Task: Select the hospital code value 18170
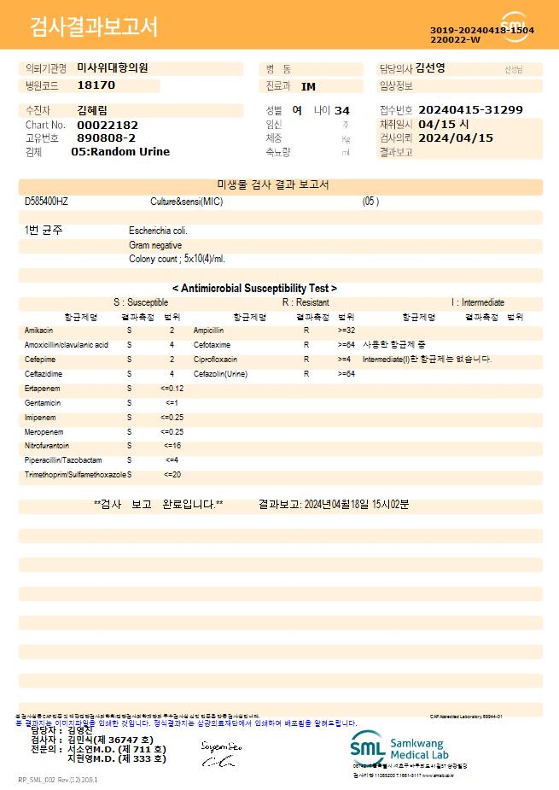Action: click(96, 85)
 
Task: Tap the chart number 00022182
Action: click(108, 125)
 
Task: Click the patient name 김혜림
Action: click(92, 110)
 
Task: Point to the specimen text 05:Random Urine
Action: click(120, 151)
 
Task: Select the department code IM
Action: click(308, 86)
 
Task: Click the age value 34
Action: click(342, 111)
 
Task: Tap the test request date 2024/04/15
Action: click(457, 138)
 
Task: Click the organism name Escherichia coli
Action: click(158, 231)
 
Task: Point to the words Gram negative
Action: click(155, 245)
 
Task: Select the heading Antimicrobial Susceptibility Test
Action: click(254, 289)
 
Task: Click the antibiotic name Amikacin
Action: click(39, 330)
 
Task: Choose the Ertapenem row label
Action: click(41, 388)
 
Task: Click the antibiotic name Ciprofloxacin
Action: click(215, 359)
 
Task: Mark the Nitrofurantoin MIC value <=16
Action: click(172, 446)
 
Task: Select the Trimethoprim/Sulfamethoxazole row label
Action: click(75, 474)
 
